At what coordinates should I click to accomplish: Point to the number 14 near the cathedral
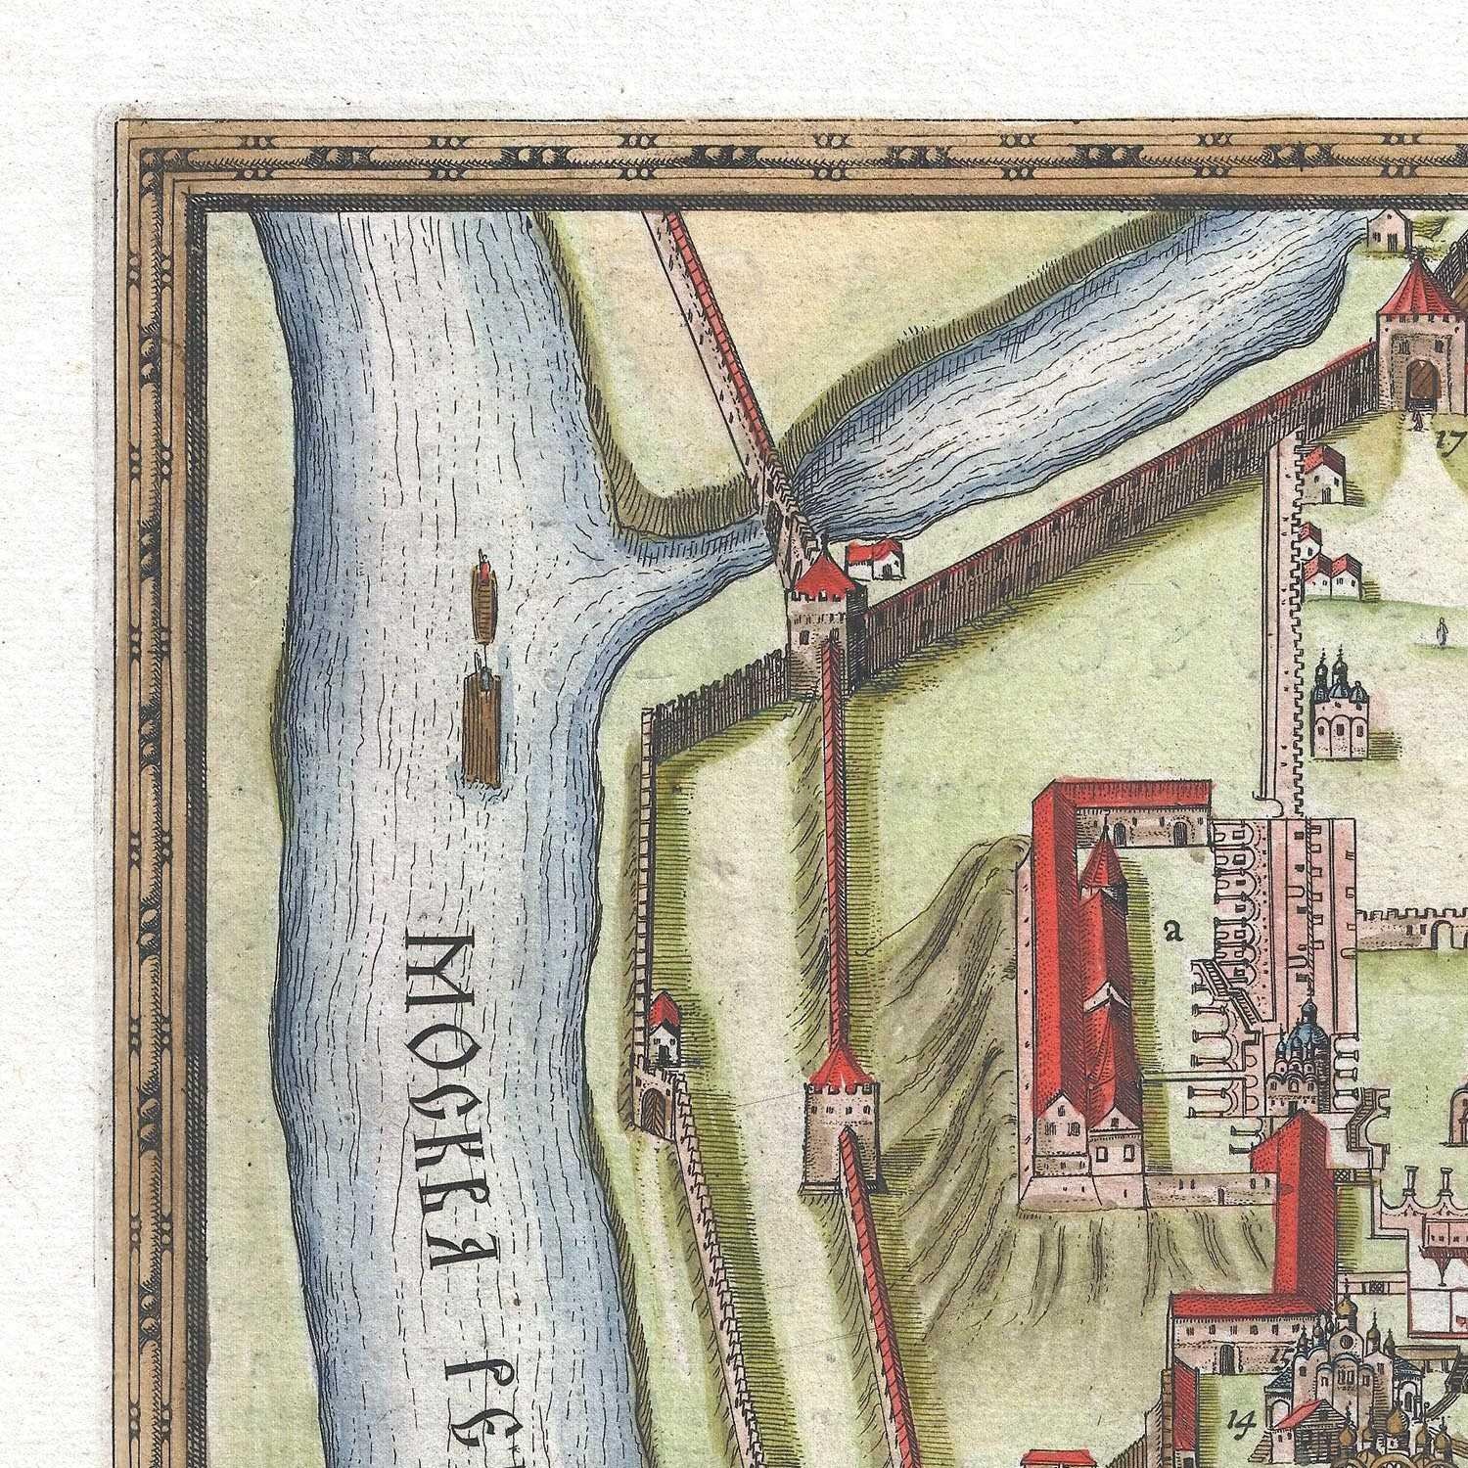[x=1243, y=1415]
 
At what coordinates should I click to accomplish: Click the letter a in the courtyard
[x=1172, y=931]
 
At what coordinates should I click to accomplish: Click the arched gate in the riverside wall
[x=651, y=1110]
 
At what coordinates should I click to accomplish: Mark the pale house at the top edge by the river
[x=1387, y=229]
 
